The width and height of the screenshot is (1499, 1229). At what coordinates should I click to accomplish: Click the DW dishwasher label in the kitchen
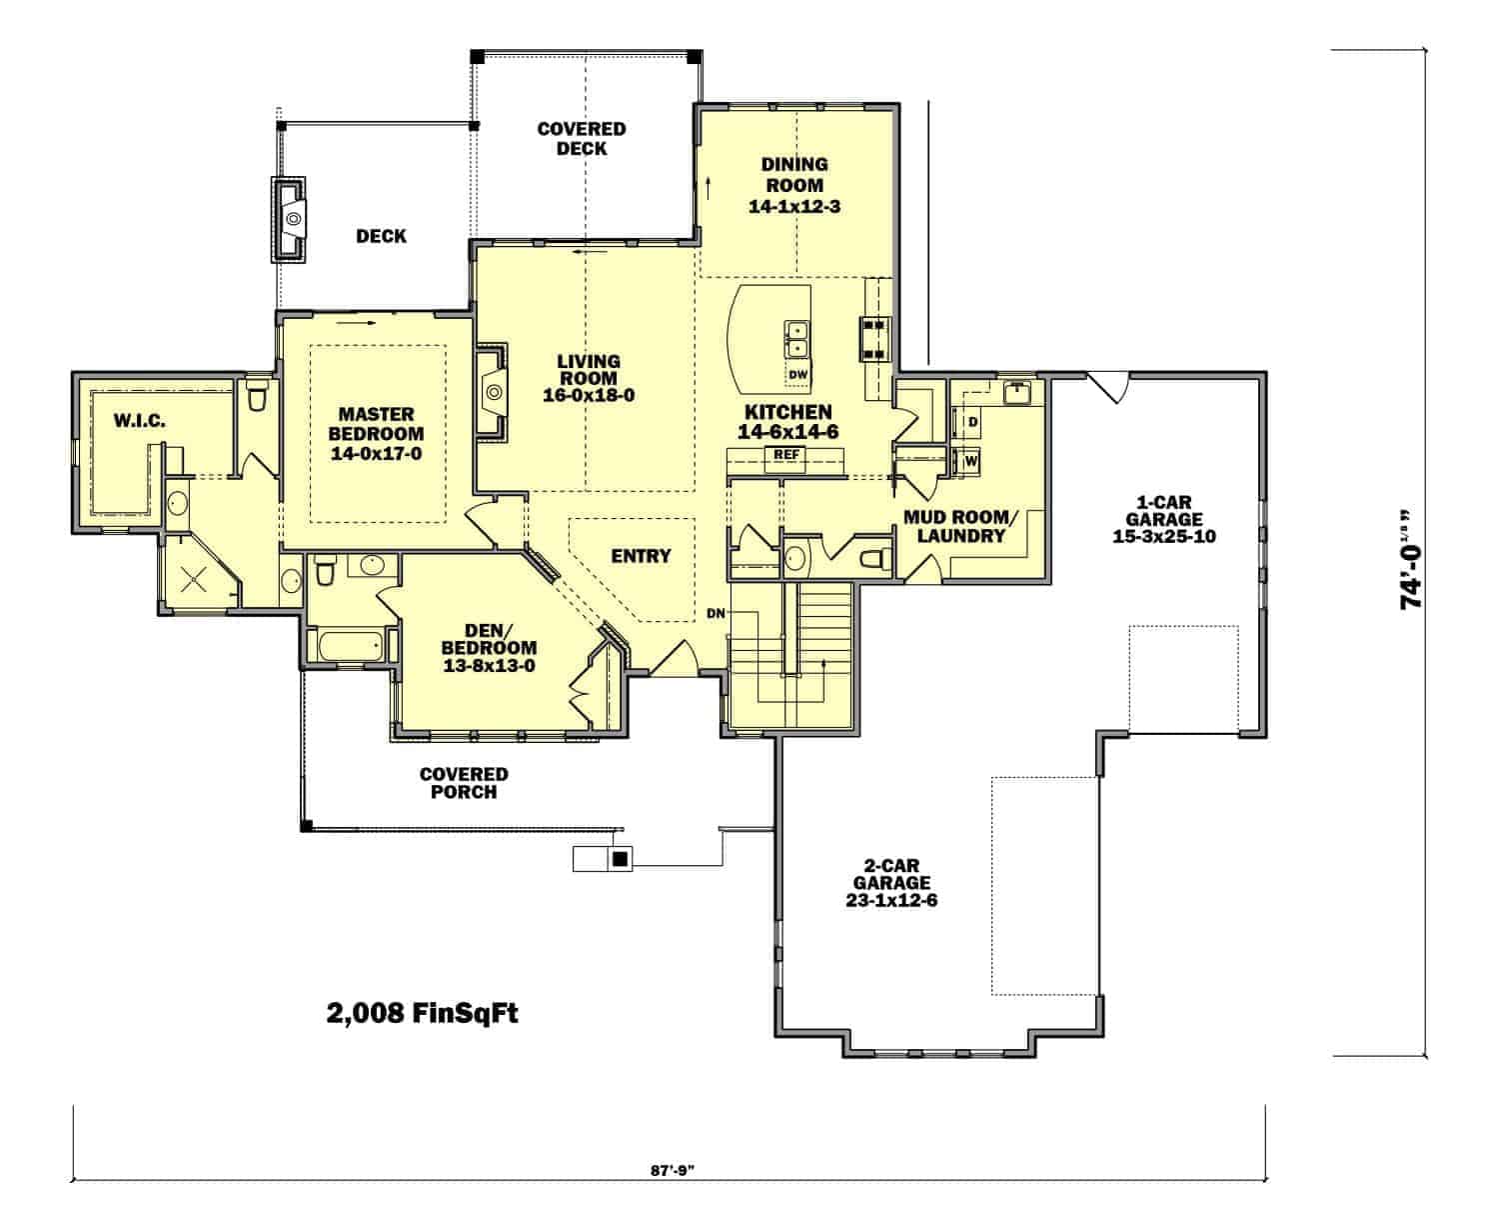point(798,375)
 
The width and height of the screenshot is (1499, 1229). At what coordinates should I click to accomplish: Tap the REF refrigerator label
point(785,454)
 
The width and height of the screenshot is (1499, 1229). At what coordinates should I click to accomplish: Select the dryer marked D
point(972,422)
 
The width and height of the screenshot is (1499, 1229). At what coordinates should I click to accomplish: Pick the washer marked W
point(971,461)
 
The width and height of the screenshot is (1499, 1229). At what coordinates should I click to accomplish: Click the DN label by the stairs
point(716,613)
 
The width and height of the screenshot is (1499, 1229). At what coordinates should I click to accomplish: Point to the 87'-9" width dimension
point(672,1170)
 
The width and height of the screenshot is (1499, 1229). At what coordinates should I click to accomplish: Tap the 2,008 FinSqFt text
point(422,1013)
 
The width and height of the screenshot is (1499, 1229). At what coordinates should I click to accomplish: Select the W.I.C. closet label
point(139,420)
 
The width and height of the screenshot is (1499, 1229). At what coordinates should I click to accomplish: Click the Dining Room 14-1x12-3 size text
point(793,207)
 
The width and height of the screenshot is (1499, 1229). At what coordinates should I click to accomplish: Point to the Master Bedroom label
point(376,424)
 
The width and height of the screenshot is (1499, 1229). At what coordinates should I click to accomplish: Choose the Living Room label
point(589,370)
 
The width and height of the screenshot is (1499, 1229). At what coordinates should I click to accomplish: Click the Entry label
point(641,556)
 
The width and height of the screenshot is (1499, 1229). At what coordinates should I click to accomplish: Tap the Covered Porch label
point(464,783)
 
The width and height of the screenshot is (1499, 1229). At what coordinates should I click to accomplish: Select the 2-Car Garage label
point(891,874)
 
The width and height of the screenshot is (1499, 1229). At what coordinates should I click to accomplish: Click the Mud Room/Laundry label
point(961,526)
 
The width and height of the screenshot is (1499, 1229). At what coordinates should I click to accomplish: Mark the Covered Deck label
point(582,139)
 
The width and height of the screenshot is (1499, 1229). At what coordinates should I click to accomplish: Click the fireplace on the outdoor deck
point(289,220)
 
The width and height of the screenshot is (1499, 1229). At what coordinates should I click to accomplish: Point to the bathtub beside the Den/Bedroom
point(351,646)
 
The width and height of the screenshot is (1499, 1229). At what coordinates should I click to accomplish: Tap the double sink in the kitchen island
point(796,339)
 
